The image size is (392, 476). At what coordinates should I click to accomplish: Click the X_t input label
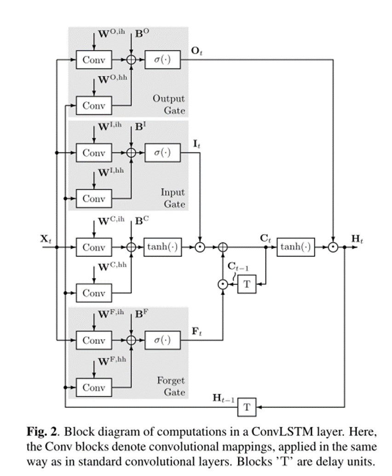(x=45, y=238)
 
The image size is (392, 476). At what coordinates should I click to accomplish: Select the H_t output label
(x=356, y=238)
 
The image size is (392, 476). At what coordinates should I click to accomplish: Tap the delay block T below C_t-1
(x=247, y=285)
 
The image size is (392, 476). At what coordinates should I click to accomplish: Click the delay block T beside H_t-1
(x=247, y=407)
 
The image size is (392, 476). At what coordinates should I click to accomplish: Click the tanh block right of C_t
(x=296, y=247)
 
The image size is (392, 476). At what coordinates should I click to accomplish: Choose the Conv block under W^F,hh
(x=94, y=387)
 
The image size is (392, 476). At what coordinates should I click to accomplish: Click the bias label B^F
(x=142, y=314)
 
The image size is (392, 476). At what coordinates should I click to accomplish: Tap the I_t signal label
(x=196, y=144)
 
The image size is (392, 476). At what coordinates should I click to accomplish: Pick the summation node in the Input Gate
(x=132, y=153)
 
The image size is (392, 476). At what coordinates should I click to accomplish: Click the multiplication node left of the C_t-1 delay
(x=223, y=285)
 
